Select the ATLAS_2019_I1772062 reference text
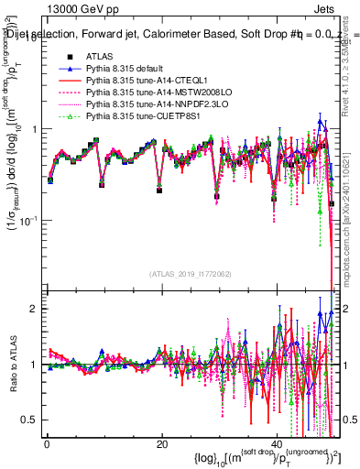(x=190, y=273)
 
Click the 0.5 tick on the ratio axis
(x=29, y=420)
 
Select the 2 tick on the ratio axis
(x=34, y=309)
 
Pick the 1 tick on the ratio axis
(x=34, y=365)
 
